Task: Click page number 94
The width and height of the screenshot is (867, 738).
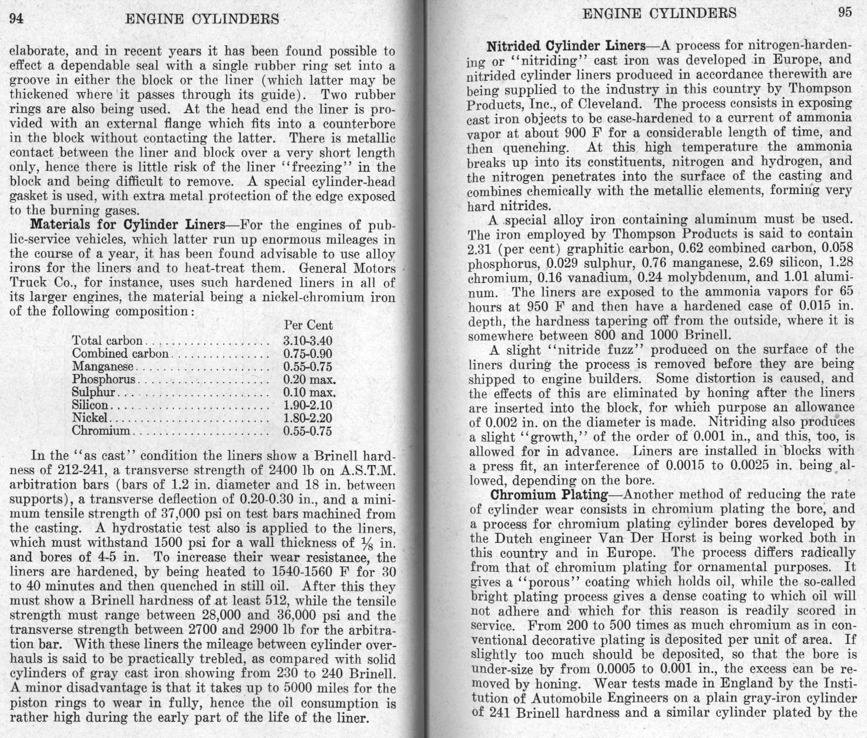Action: click(x=17, y=19)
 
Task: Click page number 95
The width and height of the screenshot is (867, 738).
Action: click(x=845, y=13)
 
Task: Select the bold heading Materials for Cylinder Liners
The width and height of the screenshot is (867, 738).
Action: click(x=128, y=224)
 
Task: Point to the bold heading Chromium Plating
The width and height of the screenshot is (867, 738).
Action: click(x=549, y=494)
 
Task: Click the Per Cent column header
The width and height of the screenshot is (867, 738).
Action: click(x=308, y=325)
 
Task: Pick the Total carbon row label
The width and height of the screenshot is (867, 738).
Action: click(x=107, y=341)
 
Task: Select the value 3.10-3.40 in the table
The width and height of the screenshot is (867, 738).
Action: click(x=308, y=341)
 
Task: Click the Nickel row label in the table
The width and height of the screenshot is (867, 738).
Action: click(x=89, y=418)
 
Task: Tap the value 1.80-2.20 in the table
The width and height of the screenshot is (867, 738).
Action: click(x=308, y=418)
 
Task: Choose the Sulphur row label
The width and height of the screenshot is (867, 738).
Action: click(x=94, y=392)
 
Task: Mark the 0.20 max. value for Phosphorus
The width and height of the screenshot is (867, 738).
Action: click(x=309, y=380)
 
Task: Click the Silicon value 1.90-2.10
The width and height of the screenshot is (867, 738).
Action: click(x=308, y=405)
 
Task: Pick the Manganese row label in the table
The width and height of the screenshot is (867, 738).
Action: click(x=103, y=366)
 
